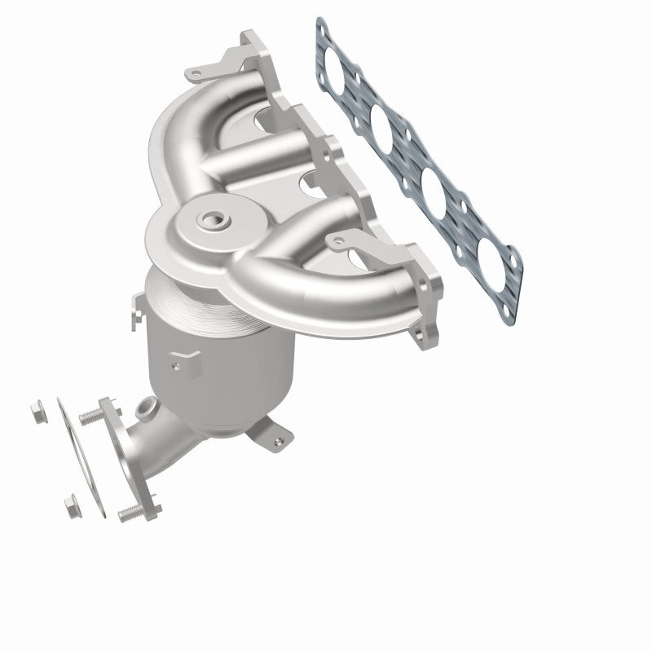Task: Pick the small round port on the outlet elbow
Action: (x=147, y=404)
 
